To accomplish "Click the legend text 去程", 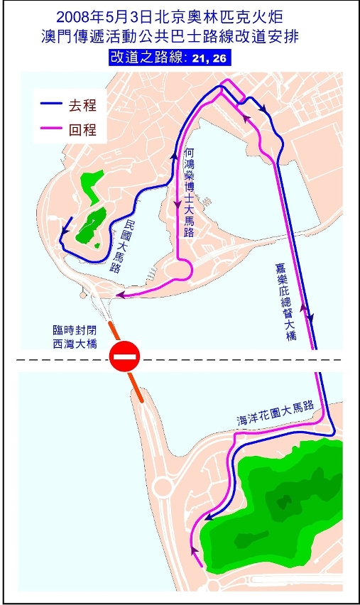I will click(82, 105).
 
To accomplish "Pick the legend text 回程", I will click(82, 130).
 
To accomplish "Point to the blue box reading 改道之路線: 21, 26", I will click(169, 58).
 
